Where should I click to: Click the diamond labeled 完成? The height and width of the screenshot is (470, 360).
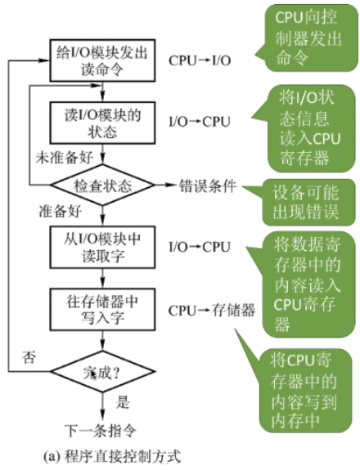click(102, 373)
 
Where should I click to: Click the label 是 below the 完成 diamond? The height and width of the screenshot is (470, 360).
click(124, 402)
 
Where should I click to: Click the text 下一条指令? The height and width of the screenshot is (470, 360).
click(101, 428)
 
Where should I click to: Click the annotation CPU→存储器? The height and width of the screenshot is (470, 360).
click(212, 311)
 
